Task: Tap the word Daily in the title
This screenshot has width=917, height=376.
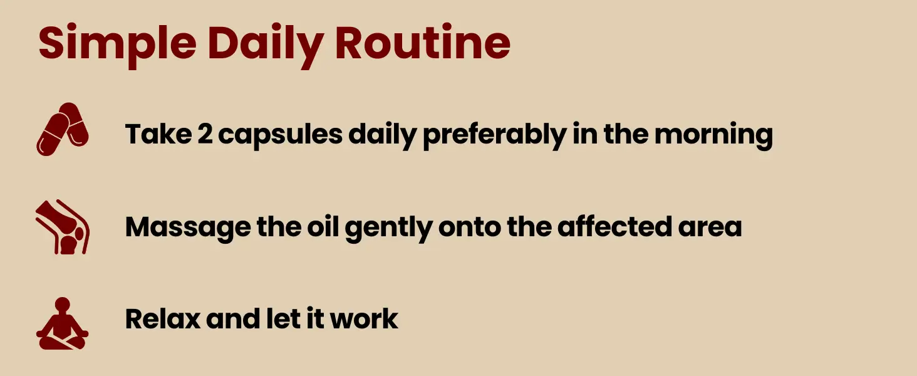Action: (x=266, y=44)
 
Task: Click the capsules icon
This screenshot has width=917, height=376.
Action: (x=62, y=129)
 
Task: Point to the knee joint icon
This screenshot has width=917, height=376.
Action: (x=62, y=227)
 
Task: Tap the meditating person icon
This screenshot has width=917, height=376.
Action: (x=62, y=323)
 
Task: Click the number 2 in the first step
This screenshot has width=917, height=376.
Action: (x=205, y=133)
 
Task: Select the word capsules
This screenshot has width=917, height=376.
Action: (x=281, y=135)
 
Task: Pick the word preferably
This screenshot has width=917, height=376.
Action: (x=495, y=135)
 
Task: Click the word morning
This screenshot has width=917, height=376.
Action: (x=713, y=135)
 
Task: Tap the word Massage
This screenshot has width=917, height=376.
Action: (x=188, y=228)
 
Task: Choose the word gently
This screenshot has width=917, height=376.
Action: (x=388, y=228)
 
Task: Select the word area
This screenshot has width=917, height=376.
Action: (x=710, y=228)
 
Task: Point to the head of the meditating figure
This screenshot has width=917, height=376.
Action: (x=62, y=305)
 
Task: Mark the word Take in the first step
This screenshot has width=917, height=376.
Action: (x=158, y=133)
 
